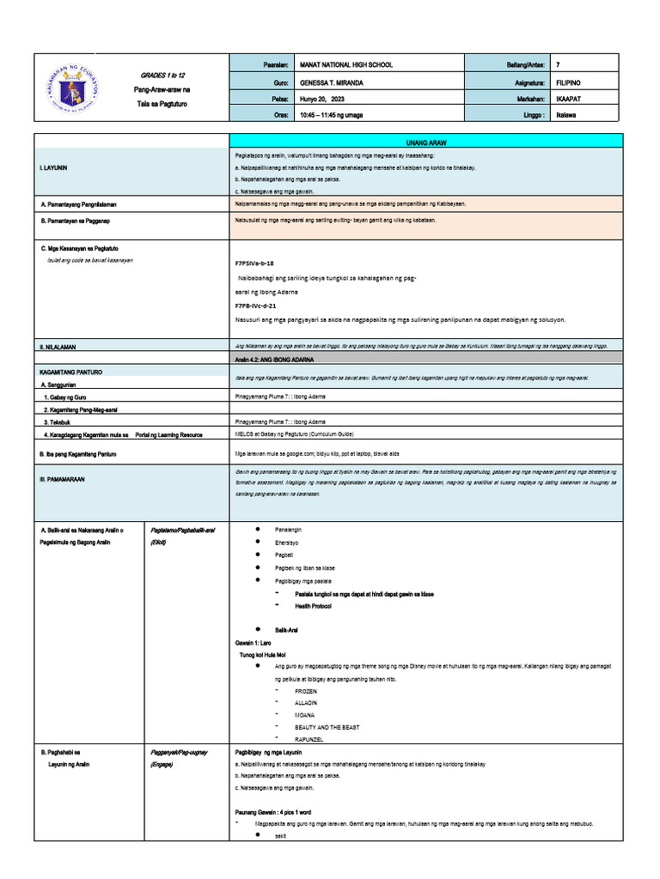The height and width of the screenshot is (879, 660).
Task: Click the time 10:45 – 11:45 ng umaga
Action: pyautogui.click(x=333, y=114)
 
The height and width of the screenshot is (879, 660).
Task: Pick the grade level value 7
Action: pyautogui.click(x=559, y=65)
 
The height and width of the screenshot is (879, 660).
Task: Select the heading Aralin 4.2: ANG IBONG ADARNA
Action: pyautogui.click(x=274, y=360)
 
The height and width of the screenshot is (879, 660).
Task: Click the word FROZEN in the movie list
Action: pyautogui.click(x=305, y=691)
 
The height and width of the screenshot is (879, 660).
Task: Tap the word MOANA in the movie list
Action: pyautogui.click(x=304, y=715)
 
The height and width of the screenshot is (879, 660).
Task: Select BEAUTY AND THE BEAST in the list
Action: pyautogui.click(x=327, y=727)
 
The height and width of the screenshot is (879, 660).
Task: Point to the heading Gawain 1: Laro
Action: pyautogui.click(x=253, y=642)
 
